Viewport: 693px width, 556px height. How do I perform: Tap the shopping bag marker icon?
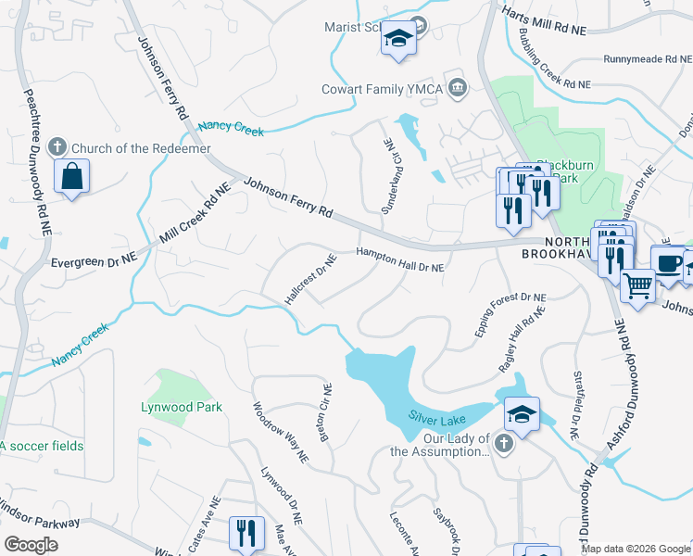coord(72,176)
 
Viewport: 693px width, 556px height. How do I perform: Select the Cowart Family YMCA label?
coord(379,89)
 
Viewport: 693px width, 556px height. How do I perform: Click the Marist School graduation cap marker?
coord(398,39)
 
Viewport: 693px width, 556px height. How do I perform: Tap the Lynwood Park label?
coord(181,407)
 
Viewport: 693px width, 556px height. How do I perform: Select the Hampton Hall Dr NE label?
coord(401,259)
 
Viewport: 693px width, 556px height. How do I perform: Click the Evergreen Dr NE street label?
coord(94,261)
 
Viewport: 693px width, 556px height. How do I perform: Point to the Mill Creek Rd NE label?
coord(195,214)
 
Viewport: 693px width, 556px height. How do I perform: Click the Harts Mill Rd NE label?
coord(545,22)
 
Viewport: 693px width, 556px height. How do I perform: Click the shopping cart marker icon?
coord(637,285)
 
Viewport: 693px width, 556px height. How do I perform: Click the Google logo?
coord(31,545)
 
